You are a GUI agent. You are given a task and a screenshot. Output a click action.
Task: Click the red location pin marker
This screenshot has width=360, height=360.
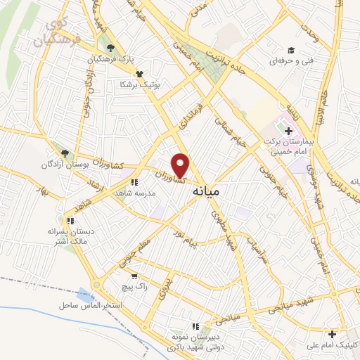(181, 165)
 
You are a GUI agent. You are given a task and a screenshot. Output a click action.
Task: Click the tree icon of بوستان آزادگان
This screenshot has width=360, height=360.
(65, 153)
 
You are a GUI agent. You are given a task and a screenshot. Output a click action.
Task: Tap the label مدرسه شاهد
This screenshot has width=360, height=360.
(131, 193)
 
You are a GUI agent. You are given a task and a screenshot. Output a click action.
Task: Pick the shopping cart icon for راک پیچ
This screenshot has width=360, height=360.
(134, 276)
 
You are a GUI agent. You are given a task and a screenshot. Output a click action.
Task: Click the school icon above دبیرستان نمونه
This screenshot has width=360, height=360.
(196, 326)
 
